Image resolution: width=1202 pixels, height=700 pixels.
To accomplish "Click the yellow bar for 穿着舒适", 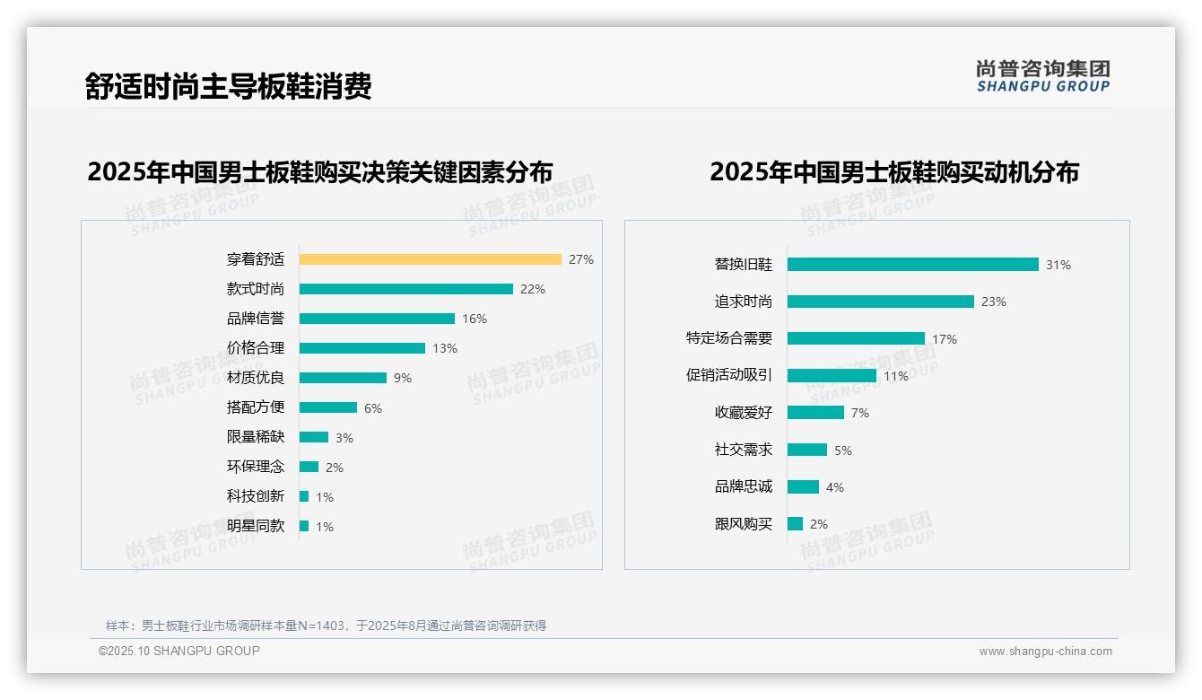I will (x=430, y=259).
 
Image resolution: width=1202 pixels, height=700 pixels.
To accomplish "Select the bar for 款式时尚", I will (x=405, y=289).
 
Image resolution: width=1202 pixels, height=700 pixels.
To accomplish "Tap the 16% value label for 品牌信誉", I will (x=475, y=319).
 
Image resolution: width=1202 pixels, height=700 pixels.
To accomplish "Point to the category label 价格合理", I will (x=256, y=348).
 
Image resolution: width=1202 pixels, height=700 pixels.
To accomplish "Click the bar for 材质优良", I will (x=343, y=378).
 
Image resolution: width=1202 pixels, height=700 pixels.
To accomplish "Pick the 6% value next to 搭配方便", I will (x=373, y=408).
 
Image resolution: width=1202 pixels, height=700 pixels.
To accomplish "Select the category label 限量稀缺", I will (x=256, y=437).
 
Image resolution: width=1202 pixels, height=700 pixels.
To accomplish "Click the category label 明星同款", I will (x=256, y=526).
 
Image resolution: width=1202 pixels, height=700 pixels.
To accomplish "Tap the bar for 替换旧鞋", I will (x=912, y=265).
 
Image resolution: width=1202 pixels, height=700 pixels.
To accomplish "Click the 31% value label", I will (x=1058, y=265).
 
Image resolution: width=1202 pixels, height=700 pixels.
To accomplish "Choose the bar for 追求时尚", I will (x=880, y=302).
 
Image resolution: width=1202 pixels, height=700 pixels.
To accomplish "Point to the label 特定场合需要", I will (x=729, y=338).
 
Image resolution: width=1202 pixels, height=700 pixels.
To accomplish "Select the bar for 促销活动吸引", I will (x=832, y=376).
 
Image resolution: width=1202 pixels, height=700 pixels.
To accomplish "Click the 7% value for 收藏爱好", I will (x=860, y=413).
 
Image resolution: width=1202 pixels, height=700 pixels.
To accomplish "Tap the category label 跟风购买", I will (x=744, y=524).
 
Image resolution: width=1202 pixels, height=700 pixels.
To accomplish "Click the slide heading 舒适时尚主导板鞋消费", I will (x=228, y=86).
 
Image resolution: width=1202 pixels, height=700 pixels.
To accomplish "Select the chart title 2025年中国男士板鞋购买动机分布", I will (x=894, y=171).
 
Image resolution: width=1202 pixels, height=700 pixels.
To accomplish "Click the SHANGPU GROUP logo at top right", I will (x=1043, y=76).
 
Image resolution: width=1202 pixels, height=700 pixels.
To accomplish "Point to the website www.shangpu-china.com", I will (x=1045, y=652).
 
